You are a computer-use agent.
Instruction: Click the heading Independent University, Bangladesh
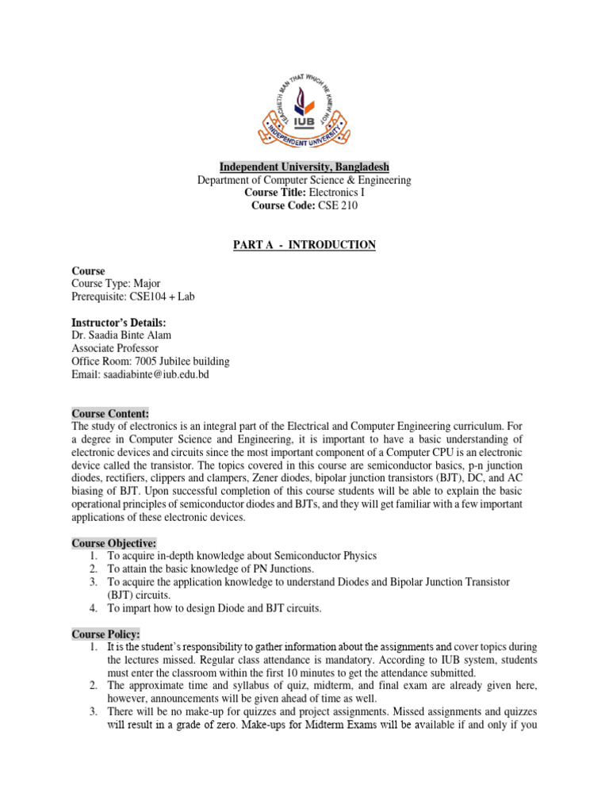(x=304, y=167)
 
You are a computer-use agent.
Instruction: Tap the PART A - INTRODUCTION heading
(x=304, y=245)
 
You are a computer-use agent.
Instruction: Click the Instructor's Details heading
(x=119, y=322)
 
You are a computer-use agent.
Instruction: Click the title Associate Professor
(x=115, y=348)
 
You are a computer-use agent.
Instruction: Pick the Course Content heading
(x=110, y=413)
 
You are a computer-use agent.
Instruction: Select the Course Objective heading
(x=114, y=542)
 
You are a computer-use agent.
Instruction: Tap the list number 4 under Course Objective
(x=93, y=608)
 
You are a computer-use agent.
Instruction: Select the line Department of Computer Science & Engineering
(x=304, y=180)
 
